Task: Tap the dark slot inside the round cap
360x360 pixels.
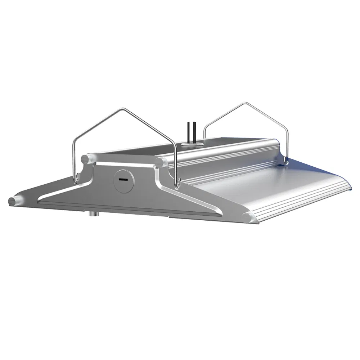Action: (123, 179)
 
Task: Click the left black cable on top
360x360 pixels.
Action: (188, 132)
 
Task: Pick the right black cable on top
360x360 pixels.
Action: (195, 132)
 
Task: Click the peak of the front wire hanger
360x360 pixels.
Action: (124, 108)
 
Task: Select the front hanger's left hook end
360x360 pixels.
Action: (76, 179)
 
